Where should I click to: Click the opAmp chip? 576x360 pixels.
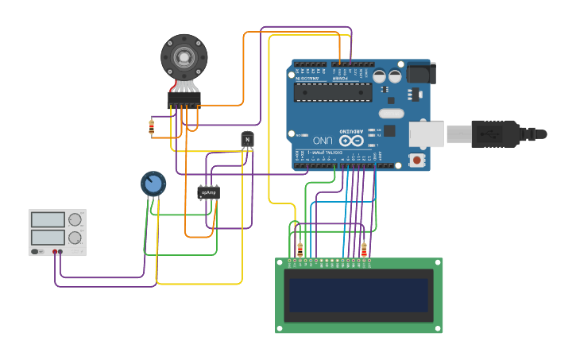coord(208,192)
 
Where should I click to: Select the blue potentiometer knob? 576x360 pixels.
coord(153,184)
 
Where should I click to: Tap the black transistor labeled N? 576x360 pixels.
coord(247,140)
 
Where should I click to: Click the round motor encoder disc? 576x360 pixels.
coord(184,56)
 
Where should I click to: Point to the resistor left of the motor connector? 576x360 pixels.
coord(152,126)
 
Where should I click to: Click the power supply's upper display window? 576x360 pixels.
coord(48,219)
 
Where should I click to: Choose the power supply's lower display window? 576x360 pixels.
coord(48,237)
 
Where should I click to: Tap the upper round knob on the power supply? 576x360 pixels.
coord(75,220)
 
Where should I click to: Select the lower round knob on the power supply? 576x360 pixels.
coord(75,238)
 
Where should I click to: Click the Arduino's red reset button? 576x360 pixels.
coord(417,160)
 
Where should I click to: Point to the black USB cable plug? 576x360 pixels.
coord(497,134)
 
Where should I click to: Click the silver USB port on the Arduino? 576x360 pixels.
coord(427,134)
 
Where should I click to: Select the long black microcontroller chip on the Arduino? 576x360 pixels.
coord(333,92)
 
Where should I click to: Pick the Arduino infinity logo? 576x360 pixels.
coord(356,140)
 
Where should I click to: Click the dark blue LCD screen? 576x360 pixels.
coord(358,296)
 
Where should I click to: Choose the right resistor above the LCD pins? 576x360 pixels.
coord(364,250)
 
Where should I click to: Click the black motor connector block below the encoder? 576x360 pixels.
coord(184,98)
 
